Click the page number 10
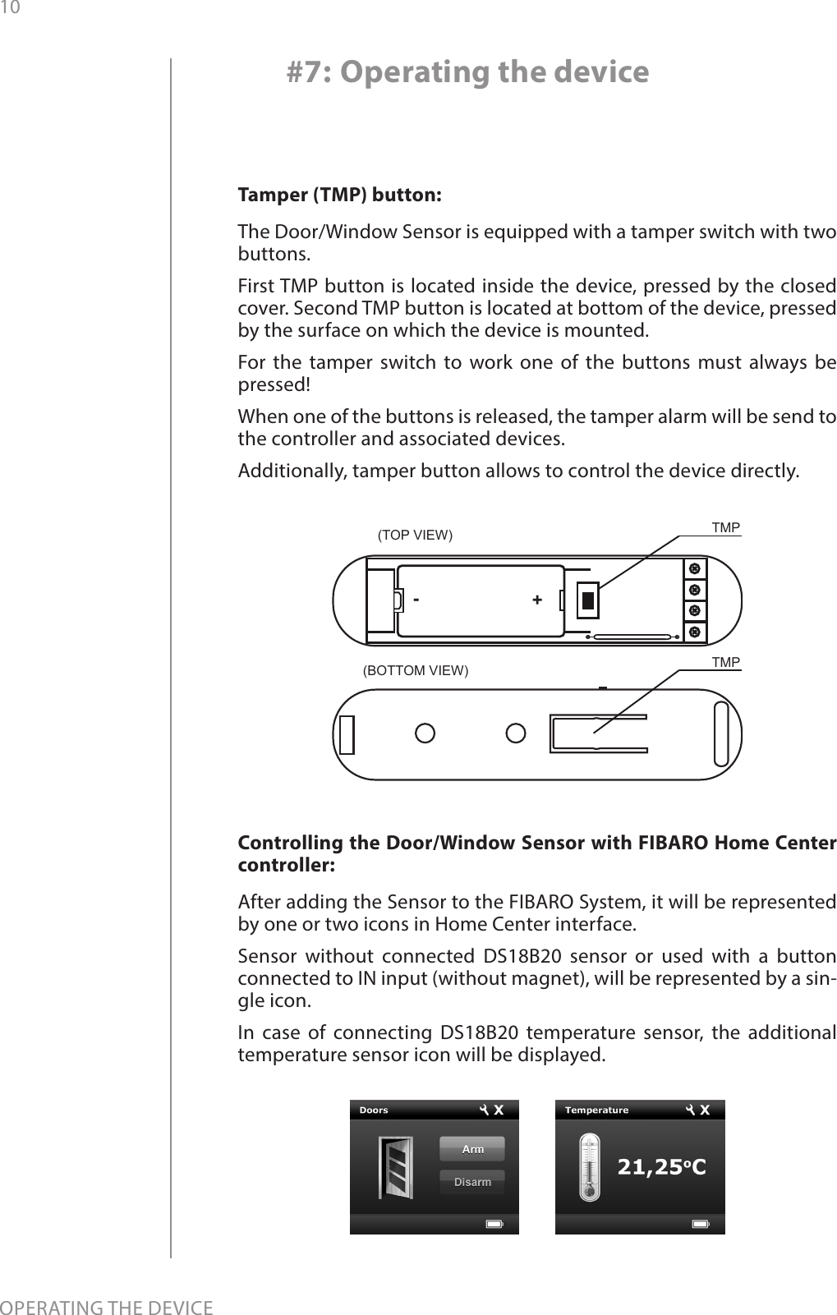click(x=9, y=7)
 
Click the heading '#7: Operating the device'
click(x=467, y=73)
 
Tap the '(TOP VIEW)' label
click(x=415, y=536)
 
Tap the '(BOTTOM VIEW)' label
click(x=416, y=670)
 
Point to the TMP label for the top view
click(x=725, y=527)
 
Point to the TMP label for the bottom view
click(x=725, y=662)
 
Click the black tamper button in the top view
click(x=587, y=600)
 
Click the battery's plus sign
click(x=536, y=600)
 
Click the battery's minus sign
click(x=417, y=600)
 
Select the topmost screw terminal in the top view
click(x=695, y=569)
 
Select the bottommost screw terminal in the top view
click(x=695, y=632)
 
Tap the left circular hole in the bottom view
click(x=425, y=733)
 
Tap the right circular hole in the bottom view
click(x=515, y=733)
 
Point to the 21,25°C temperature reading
click(x=661, y=1167)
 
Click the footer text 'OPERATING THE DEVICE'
click(x=107, y=1306)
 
